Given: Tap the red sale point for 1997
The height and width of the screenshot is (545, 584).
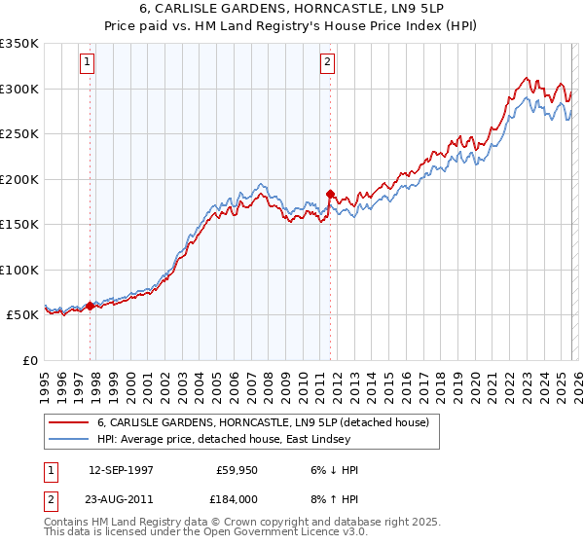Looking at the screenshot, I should point(91,306).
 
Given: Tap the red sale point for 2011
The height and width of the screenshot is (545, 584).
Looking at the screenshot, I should point(330,194).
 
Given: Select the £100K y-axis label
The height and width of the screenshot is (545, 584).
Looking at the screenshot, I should point(19,270).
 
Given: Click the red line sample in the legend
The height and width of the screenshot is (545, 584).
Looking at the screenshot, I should point(69,421).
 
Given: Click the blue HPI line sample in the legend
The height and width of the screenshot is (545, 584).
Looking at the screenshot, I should point(69,439).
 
